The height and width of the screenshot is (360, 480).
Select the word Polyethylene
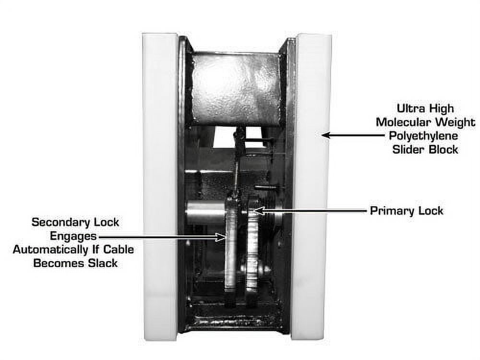coord(423,136)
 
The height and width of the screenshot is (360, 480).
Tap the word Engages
coord(73,236)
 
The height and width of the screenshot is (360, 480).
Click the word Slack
coord(103,263)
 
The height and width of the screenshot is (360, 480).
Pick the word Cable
coord(119,250)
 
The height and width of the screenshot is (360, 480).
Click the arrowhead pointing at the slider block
coord(326,135)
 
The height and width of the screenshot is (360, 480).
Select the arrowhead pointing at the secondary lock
coord(221,237)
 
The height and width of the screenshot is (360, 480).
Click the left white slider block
coord(160,187)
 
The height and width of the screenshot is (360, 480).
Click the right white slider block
coord(312,187)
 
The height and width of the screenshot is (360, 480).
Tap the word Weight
coord(456,122)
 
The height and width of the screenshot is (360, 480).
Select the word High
coord(441,108)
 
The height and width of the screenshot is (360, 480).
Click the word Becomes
coord(59,263)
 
